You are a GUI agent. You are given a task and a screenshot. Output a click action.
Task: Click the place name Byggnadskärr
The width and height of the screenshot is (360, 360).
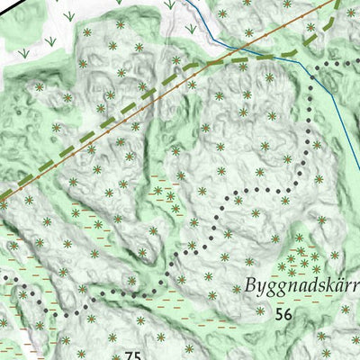pos(301,287)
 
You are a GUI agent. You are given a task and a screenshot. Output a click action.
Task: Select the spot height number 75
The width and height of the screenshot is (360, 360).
pos(133,355)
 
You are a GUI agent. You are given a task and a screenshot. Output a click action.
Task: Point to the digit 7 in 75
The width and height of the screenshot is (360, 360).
pos(129,355)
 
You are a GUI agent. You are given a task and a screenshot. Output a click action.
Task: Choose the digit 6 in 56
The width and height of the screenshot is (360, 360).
pos(289,314)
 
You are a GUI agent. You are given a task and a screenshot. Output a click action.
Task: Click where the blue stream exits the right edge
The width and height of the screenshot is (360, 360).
pos(358,144)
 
